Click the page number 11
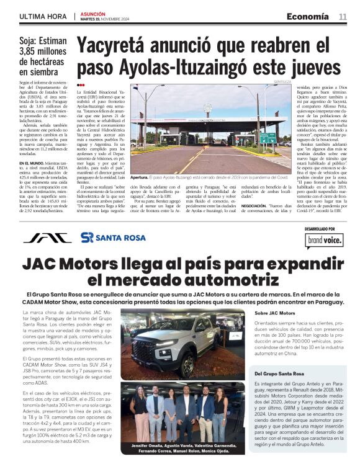[343, 16]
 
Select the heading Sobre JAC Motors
[274, 313]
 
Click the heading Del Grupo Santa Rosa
[279, 375]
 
